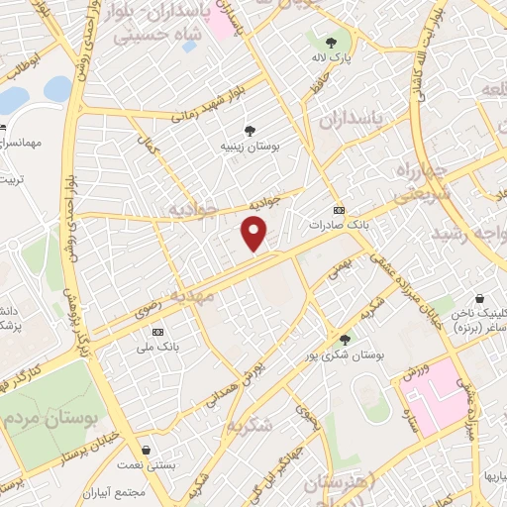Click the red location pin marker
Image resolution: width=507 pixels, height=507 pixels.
click(x=254, y=234)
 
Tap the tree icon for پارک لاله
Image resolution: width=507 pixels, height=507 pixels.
click(x=331, y=42)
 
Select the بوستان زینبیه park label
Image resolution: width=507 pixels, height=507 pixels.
click(x=250, y=146)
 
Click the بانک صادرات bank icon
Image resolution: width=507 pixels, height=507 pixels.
click(x=340, y=210)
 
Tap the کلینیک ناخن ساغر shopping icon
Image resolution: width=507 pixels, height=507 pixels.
click(x=480, y=298)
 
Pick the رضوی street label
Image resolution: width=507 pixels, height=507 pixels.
click(x=150, y=314)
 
